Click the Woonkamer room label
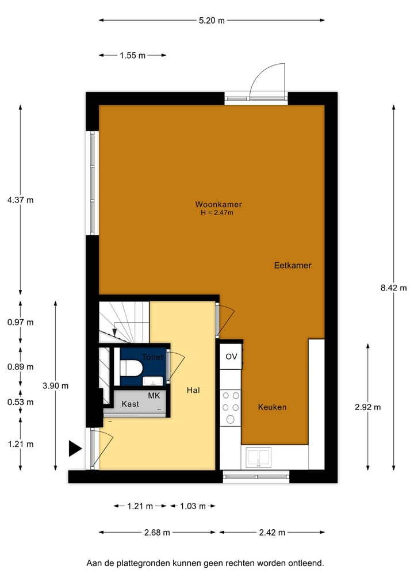pos(218,204)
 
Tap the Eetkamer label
pos(293,266)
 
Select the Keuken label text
pos(272,407)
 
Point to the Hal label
pos(193,390)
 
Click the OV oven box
pos(231,357)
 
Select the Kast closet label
pos(131,404)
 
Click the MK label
pos(154,396)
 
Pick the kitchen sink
pos(259,457)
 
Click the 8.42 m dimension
pos(393,288)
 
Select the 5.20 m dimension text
pos(211,20)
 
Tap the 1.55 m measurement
pos(132,55)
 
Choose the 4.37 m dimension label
pos(21,200)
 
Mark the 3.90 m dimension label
pos(55,386)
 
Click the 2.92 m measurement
pos(368,407)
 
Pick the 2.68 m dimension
pos(158,532)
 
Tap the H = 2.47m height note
pos(217,213)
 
